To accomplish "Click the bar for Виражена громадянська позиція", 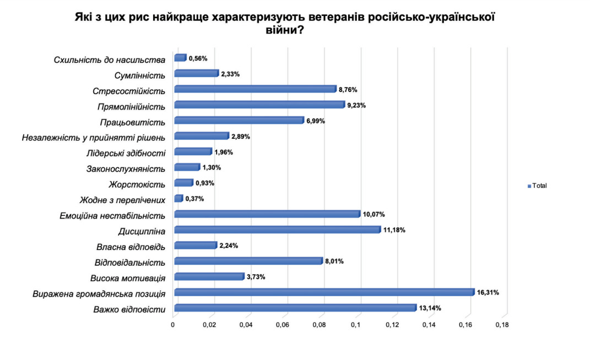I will pyautogui.click(x=324, y=292).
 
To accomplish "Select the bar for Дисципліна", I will pyautogui.click(x=277, y=230).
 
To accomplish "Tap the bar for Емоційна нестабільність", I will pyautogui.click(x=267, y=214).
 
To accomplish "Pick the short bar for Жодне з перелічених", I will pyautogui.click(x=178, y=198).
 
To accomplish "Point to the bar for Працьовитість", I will pyautogui.click(x=239, y=121).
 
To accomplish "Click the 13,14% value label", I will pyautogui.click(x=430, y=308).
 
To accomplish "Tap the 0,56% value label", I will pyautogui.click(x=198, y=58).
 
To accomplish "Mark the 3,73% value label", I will pyautogui.click(x=256, y=277).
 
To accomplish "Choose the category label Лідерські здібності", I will pyautogui.click(x=126, y=152).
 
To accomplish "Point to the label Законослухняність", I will pyautogui.click(x=126, y=168).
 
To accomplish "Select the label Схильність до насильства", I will pyautogui.click(x=110, y=59).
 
